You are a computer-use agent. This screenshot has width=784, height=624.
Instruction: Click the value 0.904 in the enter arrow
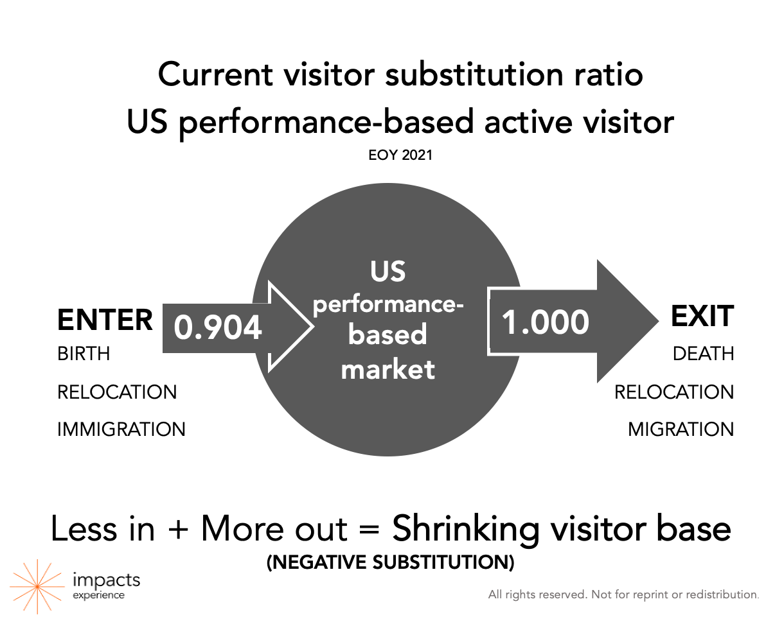pyautogui.click(x=217, y=327)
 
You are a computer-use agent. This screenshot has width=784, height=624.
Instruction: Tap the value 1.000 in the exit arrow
pyautogui.click(x=545, y=322)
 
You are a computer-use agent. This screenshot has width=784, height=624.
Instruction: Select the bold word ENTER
pyautogui.click(x=105, y=320)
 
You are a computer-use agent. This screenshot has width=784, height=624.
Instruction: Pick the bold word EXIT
pyautogui.click(x=702, y=316)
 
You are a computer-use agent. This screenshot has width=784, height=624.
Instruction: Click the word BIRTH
pyautogui.click(x=84, y=354)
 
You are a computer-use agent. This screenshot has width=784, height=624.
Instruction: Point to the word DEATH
pyautogui.click(x=703, y=354)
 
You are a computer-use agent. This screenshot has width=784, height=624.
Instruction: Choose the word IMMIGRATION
pyautogui.click(x=121, y=429)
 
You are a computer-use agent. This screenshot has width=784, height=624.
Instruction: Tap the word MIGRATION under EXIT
pyautogui.click(x=681, y=429)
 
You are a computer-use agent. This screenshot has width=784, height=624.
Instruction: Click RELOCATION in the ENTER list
pyautogui.click(x=117, y=392)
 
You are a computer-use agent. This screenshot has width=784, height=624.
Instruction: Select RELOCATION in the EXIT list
pyautogui.click(x=674, y=392)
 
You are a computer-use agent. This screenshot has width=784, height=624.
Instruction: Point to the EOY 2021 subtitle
pyautogui.click(x=400, y=155)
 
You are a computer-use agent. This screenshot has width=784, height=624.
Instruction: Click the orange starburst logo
pyautogui.click(x=37, y=587)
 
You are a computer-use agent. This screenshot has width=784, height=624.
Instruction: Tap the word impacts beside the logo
pyautogui.click(x=107, y=579)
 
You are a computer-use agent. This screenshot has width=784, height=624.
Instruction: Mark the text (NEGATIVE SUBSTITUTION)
pyautogui.click(x=390, y=562)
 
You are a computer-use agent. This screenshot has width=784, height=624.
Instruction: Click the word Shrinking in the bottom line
pyautogui.click(x=466, y=530)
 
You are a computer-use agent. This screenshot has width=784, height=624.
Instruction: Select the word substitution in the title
pyautogui.click(x=474, y=74)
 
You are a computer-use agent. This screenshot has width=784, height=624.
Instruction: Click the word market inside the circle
pyautogui.click(x=388, y=369)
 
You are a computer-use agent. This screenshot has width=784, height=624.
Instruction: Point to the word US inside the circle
pyautogui.click(x=388, y=271)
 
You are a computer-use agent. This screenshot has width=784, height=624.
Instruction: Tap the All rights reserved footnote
pyautogui.click(x=623, y=594)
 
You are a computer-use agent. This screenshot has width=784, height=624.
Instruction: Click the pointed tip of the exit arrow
pyautogui.click(x=658, y=321)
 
